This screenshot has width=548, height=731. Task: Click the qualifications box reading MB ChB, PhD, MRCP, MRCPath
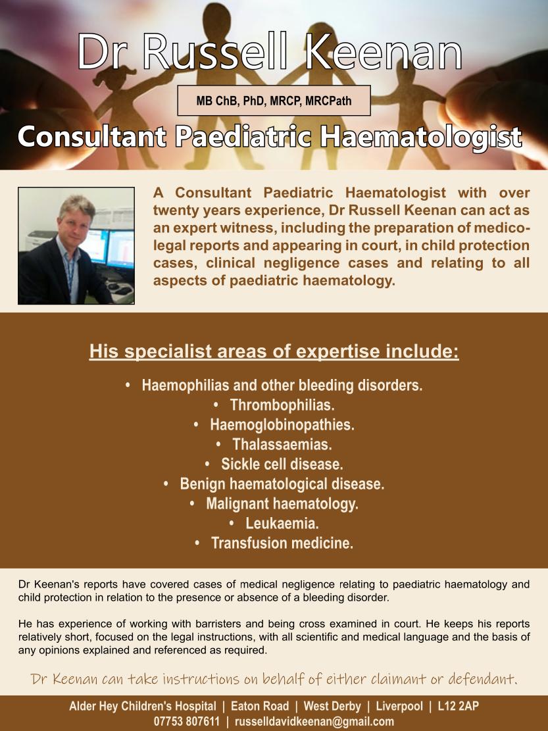coord(274,102)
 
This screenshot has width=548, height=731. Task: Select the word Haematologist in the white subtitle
coord(421,138)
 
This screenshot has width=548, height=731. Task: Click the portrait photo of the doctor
coord(76,246)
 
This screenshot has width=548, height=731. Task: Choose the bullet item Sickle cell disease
coord(282,464)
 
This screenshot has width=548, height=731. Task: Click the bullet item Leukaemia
coord(282,524)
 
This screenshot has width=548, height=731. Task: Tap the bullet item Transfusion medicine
coord(282,543)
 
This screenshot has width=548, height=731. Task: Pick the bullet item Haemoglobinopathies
coord(282,424)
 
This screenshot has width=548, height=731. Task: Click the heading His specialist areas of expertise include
coord(274,350)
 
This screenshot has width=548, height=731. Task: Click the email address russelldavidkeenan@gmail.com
coord(314,721)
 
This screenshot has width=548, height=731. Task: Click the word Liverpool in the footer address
coord(399,707)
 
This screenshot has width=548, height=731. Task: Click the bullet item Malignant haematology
coord(282,504)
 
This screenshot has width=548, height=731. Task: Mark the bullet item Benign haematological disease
coord(282,484)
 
